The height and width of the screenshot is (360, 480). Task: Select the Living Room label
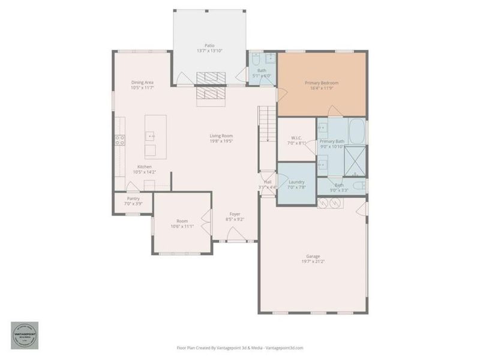[x=221, y=136]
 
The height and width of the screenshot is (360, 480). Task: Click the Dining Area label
[x=143, y=83]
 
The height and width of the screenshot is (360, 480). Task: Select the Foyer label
[x=235, y=214]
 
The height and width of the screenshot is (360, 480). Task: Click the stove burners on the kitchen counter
[x=120, y=140]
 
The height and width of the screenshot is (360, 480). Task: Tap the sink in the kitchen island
[x=149, y=137]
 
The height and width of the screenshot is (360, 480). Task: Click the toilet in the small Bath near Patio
[x=256, y=60]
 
